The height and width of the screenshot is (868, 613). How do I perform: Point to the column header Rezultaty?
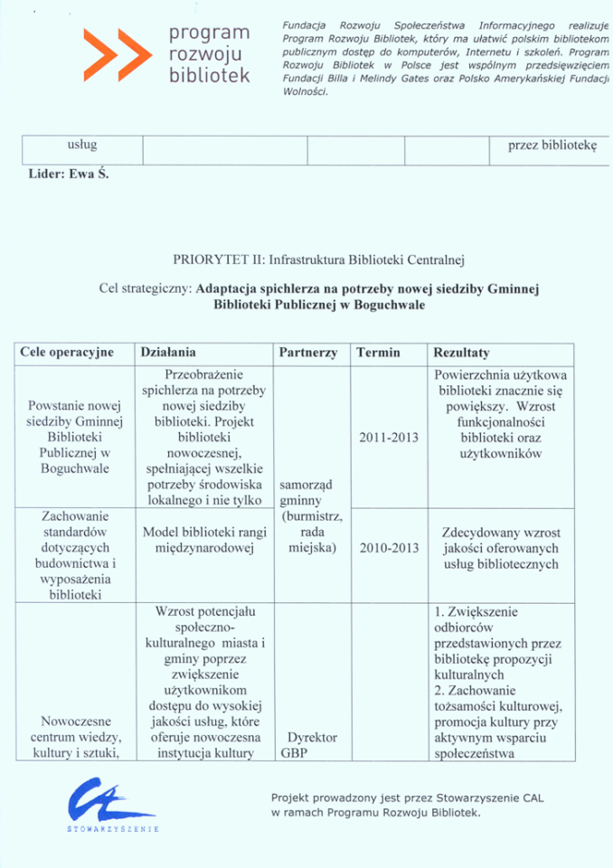coord(461,354)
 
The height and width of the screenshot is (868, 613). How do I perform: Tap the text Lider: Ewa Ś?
coord(69,175)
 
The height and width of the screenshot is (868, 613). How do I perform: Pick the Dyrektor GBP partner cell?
coord(308,744)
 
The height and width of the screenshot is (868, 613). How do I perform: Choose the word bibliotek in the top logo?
coord(209,75)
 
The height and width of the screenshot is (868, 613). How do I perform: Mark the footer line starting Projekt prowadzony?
coord(407,799)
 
